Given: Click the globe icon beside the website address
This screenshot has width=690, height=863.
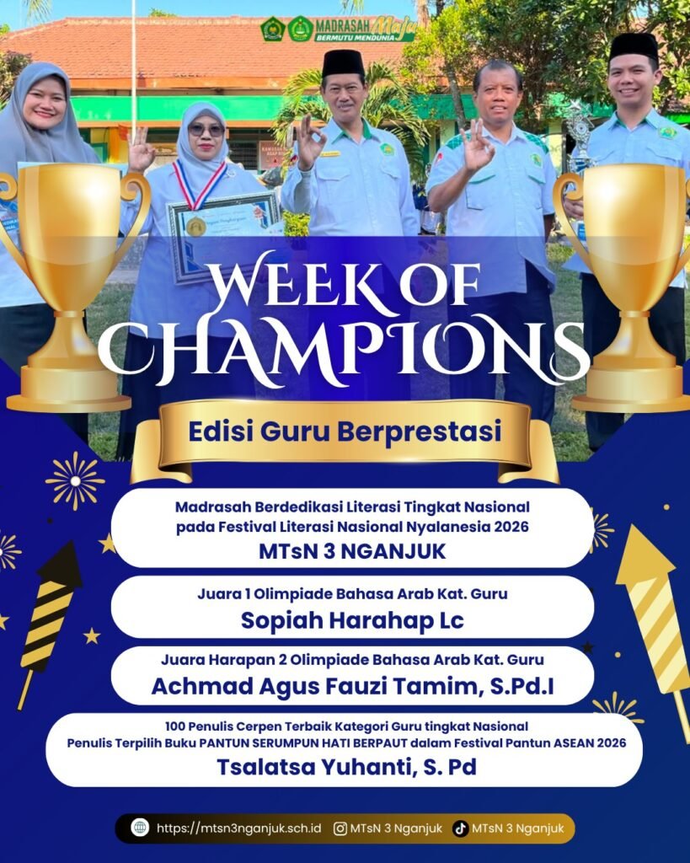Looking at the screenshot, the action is (x=140, y=828).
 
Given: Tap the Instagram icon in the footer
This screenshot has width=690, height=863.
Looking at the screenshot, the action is (x=340, y=828).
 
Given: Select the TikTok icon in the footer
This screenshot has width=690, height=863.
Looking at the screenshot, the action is (x=461, y=828).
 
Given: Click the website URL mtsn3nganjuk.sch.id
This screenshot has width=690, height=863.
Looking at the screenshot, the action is (x=238, y=828).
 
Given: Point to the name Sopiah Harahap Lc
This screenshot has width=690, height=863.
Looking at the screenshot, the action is (x=352, y=620).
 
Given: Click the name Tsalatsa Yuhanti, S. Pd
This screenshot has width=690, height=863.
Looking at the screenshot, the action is (x=346, y=767).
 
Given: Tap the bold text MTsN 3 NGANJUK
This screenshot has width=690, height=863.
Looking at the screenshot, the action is (x=352, y=551).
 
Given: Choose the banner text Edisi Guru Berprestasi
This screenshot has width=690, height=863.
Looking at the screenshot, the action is (x=345, y=431).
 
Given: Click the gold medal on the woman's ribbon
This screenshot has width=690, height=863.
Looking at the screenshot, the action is (x=196, y=226).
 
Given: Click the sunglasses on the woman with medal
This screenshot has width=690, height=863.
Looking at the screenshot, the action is (x=206, y=131).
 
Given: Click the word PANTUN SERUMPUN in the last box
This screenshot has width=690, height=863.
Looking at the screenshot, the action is (x=275, y=743).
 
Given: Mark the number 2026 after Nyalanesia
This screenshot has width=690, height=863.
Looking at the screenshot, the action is (x=511, y=527).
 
